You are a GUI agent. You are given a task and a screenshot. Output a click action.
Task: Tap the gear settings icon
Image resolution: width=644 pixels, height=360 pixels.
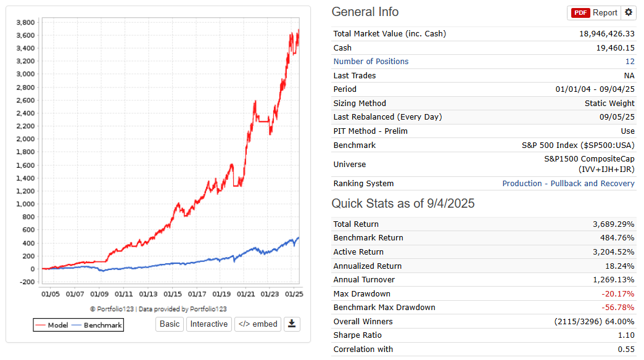click(x=629, y=12)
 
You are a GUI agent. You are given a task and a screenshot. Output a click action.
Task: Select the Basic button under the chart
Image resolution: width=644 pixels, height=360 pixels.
click(x=170, y=324)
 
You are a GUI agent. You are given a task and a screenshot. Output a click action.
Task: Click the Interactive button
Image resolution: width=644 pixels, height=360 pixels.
click(x=208, y=324)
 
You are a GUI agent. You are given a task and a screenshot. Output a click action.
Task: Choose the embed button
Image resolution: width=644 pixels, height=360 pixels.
click(x=257, y=324)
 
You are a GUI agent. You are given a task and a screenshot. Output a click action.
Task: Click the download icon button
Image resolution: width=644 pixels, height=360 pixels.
click(x=292, y=324)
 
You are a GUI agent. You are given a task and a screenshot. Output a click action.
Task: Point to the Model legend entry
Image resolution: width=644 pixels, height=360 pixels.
click(x=52, y=325)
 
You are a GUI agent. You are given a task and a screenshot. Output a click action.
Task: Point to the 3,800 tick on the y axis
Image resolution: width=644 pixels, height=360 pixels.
click(x=25, y=22)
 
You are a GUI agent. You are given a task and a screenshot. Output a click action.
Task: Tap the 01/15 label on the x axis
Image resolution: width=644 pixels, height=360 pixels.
click(x=173, y=295)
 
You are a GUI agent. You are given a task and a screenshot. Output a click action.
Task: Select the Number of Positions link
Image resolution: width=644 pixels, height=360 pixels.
click(x=371, y=62)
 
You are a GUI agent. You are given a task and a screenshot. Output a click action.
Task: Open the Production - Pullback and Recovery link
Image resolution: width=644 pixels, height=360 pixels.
click(x=568, y=184)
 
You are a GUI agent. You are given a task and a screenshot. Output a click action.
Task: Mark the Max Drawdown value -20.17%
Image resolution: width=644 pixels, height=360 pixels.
click(x=617, y=294)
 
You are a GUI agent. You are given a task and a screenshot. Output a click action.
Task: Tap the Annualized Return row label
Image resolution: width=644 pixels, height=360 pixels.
click(x=367, y=266)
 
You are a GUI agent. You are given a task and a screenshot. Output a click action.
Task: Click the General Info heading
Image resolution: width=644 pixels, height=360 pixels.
click(x=365, y=12)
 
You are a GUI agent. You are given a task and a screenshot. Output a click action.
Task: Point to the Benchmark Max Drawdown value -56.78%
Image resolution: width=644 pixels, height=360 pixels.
click(x=617, y=308)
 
